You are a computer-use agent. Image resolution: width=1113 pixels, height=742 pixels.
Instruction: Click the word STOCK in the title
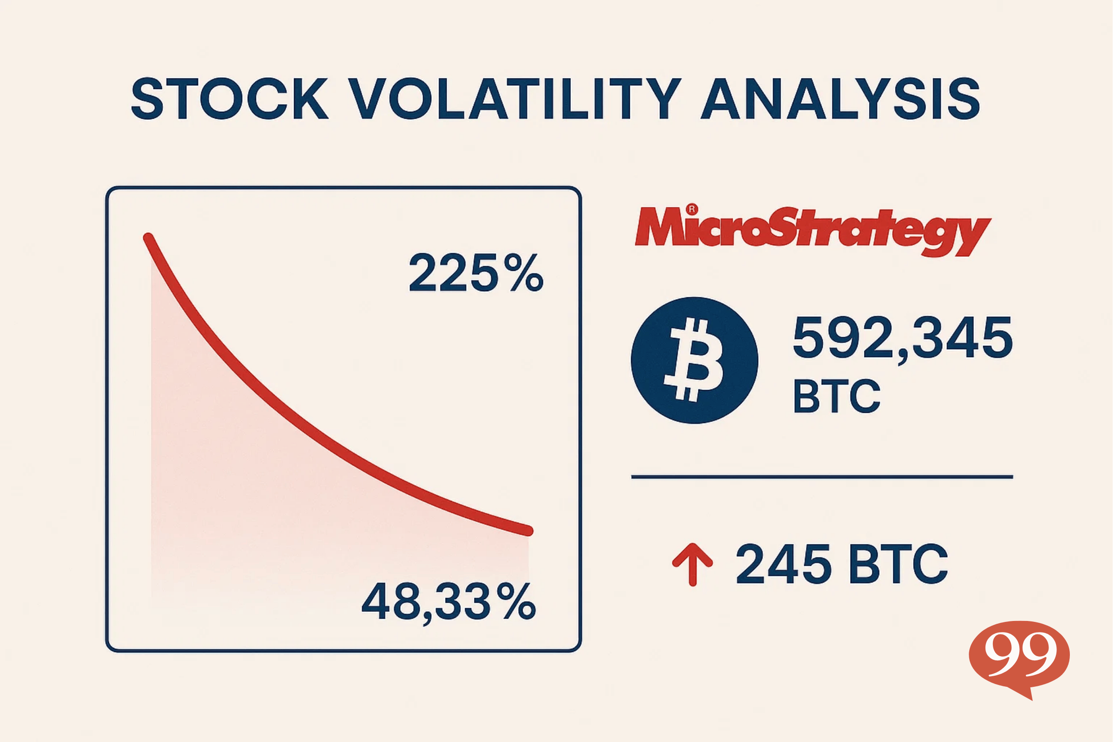230,99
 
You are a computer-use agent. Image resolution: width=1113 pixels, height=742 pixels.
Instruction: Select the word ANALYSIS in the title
840,99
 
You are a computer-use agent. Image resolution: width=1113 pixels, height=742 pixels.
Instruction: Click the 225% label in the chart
476,273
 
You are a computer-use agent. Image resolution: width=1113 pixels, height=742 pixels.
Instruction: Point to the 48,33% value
448,602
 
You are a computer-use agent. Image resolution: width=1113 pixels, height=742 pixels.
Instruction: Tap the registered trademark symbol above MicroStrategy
692,209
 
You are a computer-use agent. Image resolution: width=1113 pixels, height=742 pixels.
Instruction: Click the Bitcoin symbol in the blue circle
694,360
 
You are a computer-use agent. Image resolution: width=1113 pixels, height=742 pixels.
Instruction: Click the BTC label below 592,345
837,397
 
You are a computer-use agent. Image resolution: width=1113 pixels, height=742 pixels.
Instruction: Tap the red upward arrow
692,563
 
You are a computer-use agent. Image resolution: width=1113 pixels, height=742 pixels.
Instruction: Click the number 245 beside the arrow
784,563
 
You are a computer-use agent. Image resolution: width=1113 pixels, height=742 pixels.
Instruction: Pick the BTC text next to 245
898,563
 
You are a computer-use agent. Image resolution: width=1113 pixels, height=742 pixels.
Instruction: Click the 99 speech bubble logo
1019,655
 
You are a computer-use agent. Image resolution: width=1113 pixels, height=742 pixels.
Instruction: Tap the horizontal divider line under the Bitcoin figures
822,477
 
